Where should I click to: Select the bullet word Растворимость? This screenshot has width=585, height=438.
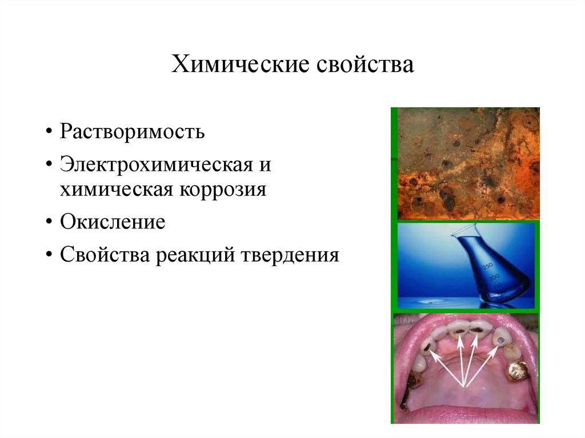click(133, 132)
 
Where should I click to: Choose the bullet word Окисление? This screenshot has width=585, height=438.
click(113, 222)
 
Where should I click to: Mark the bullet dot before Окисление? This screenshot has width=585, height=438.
click(50, 223)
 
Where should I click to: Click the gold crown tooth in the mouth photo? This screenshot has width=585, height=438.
click(518, 372)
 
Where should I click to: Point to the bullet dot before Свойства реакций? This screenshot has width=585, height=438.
click(50, 255)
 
